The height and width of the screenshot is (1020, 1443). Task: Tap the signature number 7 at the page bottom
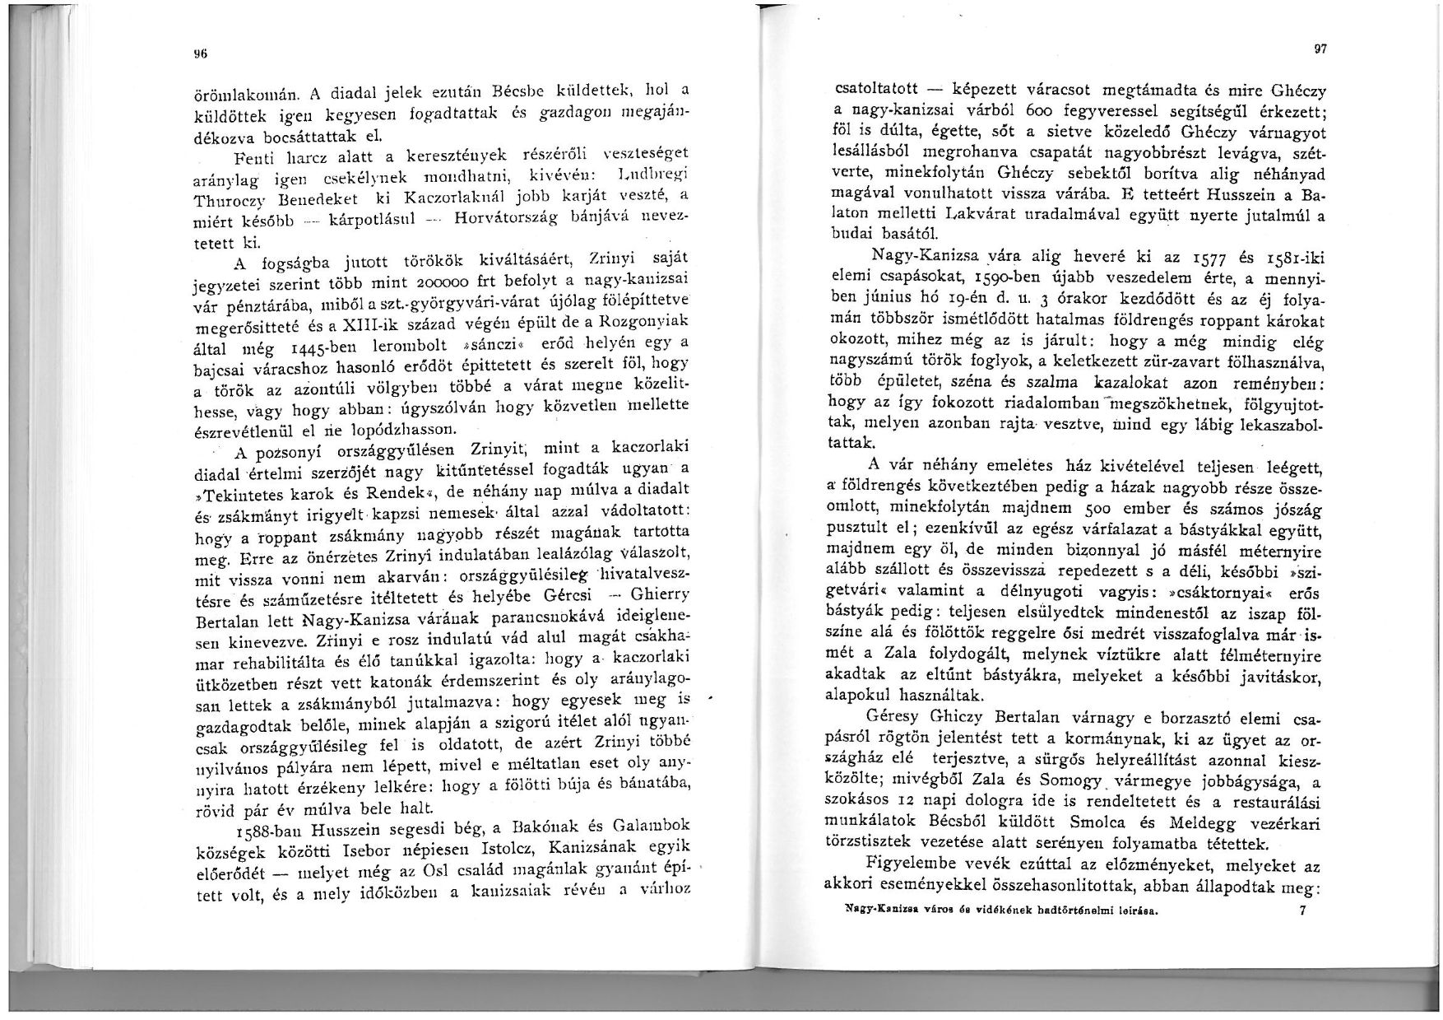(x=1301, y=911)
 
